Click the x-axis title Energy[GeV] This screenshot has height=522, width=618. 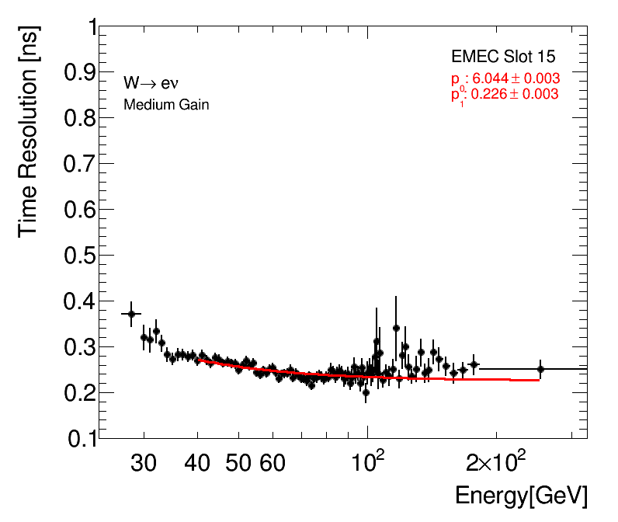pos(521,496)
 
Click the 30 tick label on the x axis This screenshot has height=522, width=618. pos(144,465)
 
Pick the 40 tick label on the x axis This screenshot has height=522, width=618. pos(199,465)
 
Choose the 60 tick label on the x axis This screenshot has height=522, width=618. pos(271,465)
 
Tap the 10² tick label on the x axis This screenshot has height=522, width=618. pos(370,463)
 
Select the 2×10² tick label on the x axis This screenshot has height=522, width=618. pos(498,463)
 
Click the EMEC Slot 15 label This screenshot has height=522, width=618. pos(503,57)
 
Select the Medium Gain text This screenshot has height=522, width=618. pos(166,104)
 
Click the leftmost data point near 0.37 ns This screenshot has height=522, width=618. pos(131,314)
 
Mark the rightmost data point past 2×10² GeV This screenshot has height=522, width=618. pos(540,369)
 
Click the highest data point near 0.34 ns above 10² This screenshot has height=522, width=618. pos(396,328)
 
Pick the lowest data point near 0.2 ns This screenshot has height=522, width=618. pos(366,392)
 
